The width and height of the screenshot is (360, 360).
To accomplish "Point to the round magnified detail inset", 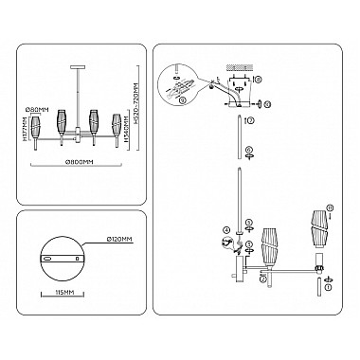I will (179, 78).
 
